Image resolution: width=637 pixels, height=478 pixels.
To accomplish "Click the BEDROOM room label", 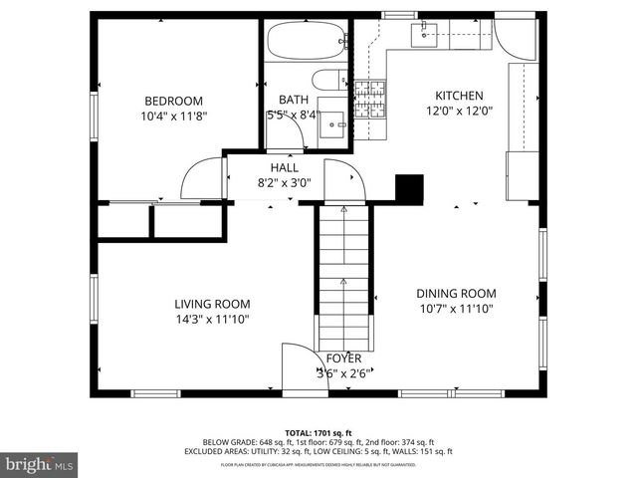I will tap(173, 101).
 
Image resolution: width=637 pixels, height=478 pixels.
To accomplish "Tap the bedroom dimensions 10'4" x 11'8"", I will tap(173, 116).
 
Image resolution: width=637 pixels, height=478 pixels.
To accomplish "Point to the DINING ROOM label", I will tap(456, 293).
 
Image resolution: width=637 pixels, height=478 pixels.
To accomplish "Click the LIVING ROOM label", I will tap(212, 304).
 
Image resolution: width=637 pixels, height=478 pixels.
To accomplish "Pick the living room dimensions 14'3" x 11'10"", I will tap(212, 320).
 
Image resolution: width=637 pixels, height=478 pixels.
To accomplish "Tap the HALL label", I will tap(285, 168).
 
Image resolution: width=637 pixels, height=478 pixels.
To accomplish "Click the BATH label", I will tap(293, 100).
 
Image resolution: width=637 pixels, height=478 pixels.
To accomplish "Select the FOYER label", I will tap(343, 358).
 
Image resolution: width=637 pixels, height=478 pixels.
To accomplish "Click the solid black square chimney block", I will tap(409, 188).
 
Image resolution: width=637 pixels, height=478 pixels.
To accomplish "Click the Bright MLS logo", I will tap(40, 464).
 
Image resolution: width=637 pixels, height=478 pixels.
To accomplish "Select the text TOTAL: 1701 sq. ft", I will tap(318, 432).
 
